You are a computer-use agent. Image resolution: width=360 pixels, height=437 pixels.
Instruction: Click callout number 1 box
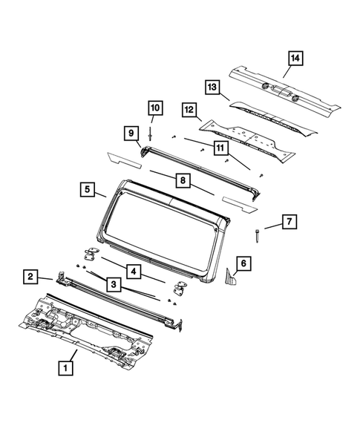click(67, 367)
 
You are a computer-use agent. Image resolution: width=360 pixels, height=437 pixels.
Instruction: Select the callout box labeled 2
click(30, 277)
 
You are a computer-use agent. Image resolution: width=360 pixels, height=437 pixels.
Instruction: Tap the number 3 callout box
click(114, 283)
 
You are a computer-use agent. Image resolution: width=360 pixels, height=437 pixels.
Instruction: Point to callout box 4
click(134, 271)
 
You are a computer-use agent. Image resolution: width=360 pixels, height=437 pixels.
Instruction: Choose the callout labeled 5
click(87, 190)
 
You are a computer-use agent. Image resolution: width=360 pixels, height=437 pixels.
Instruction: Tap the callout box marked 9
click(131, 134)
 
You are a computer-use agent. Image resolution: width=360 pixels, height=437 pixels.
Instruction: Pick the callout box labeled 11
click(220, 148)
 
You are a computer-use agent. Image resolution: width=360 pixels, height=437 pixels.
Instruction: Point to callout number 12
click(189, 111)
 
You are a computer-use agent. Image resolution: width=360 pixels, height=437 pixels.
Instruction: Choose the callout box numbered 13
click(213, 88)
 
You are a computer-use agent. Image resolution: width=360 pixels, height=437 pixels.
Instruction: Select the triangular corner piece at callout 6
click(232, 280)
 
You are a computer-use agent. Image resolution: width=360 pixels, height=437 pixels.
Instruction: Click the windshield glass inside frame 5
click(160, 223)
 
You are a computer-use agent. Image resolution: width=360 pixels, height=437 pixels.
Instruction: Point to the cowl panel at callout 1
click(89, 326)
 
